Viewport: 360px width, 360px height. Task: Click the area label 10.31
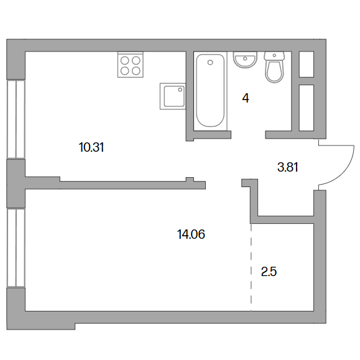pyautogui.click(x=91, y=147)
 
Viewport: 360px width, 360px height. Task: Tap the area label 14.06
pyautogui.click(x=191, y=234)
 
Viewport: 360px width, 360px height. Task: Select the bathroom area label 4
pyautogui.click(x=246, y=98)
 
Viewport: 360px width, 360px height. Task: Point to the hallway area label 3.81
pyautogui.click(x=288, y=167)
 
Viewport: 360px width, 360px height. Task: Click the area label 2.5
pyautogui.click(x=269, y=272)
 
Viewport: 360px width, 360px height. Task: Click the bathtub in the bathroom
pyautogui.click(x=210, y=90)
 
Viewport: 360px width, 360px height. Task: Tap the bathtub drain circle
pyautogui.click(x=210, y=62)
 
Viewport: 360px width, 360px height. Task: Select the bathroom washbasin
pyautogui.click(x=245, y=60)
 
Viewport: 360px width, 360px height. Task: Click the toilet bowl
pyautogui.click(x=274, y=72)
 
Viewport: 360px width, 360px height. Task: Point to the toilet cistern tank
pyautogui.click(x=274, y=56)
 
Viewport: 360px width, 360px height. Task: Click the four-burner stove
pyautogui.click(x=131, y=65)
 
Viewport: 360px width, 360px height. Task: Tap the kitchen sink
pyautogui.click(x=173, y=96)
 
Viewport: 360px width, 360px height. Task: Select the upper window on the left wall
pyautogui.click(x=16, y=119)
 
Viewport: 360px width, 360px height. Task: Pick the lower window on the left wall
pyautogui.click(x=16, y=248)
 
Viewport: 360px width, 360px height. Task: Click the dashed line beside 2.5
pyautogui.click(x=251, y=267)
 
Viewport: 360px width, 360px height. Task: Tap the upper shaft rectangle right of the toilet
pyautogui.click(x=307, y=64)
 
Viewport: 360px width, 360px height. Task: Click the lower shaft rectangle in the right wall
pyautogui.click(x=307, y=108)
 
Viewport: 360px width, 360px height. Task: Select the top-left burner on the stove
pyautogui.click(x=125, y=60)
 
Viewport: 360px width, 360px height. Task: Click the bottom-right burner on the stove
pyautogui.click(x=136, y=71)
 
